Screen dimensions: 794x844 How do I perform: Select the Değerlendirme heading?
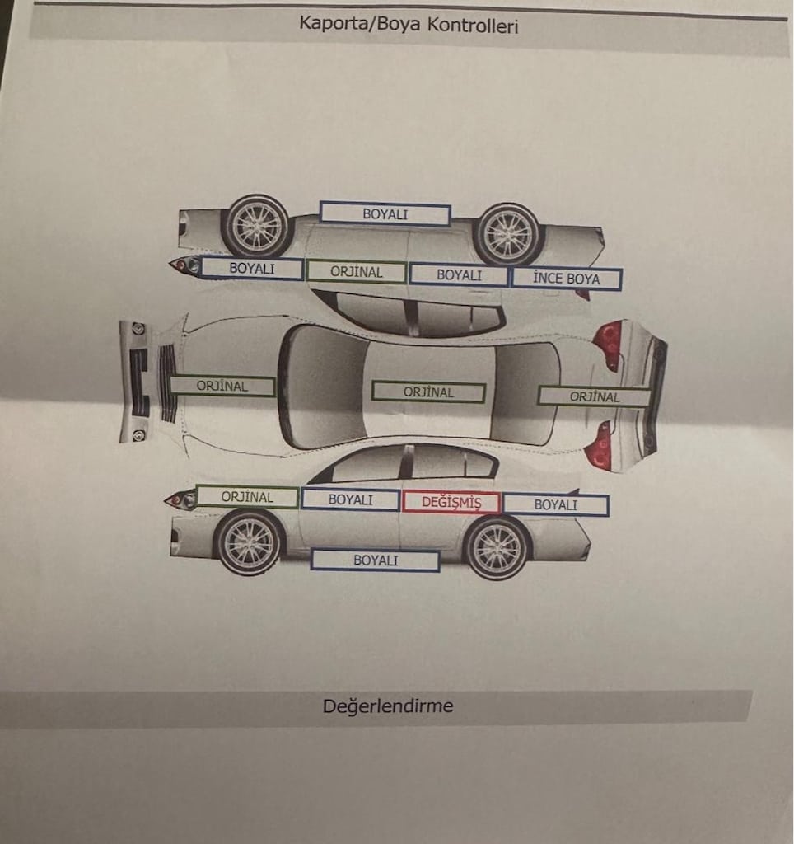[x=388, y=706]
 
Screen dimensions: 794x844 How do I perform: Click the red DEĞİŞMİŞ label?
[x=451, y=502]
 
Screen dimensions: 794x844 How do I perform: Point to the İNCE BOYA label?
[x=567, y=279]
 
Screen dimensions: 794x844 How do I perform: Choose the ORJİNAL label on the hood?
[x=222, y=386]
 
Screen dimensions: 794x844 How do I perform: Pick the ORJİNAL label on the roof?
[x=429, y=392]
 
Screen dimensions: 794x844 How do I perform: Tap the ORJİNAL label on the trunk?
[x=595, y=396]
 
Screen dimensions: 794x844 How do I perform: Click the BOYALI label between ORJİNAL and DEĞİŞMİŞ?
[x=350, y=499]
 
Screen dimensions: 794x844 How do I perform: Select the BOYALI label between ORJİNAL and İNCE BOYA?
[x=459, y=274]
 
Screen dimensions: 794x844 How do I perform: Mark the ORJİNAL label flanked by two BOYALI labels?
[x=356, y=272]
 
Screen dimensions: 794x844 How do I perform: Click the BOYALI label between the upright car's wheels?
[x=376, y=560]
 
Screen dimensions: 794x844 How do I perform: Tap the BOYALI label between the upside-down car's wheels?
[x=385, y=213]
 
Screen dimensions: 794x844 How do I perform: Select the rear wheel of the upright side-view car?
[x=497, y=548]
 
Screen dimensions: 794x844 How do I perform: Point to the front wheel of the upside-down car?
[x=258, y=226]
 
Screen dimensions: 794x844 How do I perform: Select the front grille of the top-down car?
[x=167, y=382]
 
